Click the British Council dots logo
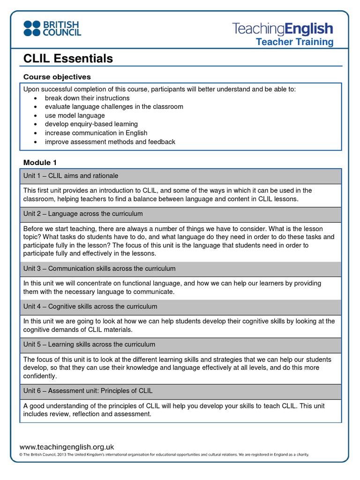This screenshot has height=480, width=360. (32, 28)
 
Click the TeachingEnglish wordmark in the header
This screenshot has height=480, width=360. (283, 29)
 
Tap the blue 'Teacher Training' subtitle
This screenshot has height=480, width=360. (294, 42)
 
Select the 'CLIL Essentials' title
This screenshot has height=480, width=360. (68, 59)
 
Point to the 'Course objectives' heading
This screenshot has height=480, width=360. (57, 77)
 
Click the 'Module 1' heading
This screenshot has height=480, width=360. (40, 162)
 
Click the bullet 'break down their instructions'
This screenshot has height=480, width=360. (87, 98)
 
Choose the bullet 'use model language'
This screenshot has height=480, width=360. (75, 115)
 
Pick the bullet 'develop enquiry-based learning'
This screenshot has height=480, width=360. (91, 124)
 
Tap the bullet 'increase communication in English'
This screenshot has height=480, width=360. (96, 133)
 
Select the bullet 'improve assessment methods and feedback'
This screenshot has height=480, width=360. (110, 142)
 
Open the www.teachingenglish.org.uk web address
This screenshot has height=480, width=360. (67, 447)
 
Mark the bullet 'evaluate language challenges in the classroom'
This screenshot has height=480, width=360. (114, 107)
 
